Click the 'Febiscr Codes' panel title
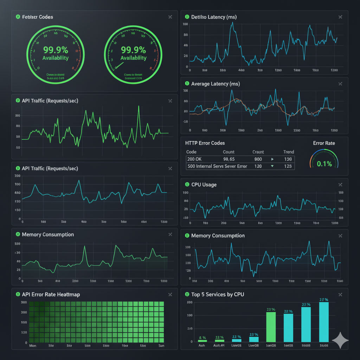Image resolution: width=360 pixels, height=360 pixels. [38, 17]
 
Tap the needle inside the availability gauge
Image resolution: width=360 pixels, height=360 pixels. [119, 66]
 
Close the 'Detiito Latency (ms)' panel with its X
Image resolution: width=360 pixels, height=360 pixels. [340, 17]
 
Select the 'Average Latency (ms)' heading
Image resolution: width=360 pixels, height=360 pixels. [216, 84]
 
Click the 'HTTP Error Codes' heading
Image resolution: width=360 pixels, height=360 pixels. [205, 143]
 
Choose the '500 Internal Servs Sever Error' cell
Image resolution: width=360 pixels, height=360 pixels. [217, 166]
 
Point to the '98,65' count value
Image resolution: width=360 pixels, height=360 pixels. [229, 159]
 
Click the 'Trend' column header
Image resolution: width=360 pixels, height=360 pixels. [288, 152]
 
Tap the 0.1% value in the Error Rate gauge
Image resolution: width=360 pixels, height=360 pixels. [324, 163]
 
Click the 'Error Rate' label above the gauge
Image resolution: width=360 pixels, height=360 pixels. [324, 143]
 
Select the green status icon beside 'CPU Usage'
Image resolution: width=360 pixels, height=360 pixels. [187, 185]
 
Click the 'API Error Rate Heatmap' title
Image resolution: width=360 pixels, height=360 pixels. [51, 294]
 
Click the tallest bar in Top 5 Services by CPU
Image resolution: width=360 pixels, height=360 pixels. [324, 322]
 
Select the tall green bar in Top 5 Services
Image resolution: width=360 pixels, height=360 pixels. [271, 327]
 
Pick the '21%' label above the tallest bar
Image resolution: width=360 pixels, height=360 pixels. [323, 300]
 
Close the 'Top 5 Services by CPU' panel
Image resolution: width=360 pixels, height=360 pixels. [340, 295]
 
